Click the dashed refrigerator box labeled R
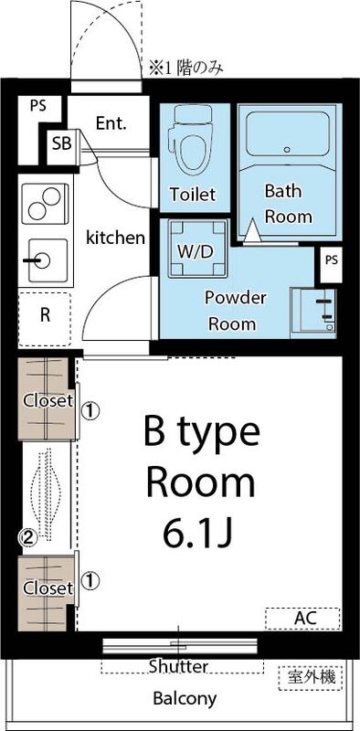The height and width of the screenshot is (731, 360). coord(44,318)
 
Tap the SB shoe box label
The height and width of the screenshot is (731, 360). coord(61,143)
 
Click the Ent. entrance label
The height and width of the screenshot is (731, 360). coord(111,122)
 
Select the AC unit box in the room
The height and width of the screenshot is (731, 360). coord(303,619)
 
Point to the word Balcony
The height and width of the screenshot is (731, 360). coord(185,699)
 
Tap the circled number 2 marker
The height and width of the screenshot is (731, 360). coord(28,538)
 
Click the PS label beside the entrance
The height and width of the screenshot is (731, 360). coord(37,105)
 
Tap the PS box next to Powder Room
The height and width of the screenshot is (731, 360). coord(331,260)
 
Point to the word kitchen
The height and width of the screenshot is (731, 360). coord(115,238)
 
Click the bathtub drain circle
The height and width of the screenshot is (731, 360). coord(286,148)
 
